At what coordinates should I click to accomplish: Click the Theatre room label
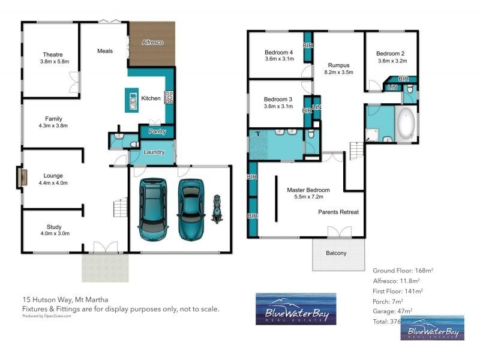click(x=53, y=55)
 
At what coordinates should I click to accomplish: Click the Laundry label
click(x=154, y=152)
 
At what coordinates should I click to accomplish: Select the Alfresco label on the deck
click(x=153, y=43)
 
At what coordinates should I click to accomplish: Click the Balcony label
click(x=336, y=253)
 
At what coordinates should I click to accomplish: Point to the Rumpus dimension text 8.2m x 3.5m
click(x=339, y=72)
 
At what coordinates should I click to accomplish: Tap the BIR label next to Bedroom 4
click(x=308, y=46)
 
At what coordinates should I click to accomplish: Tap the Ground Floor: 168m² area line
click(x=403, y=271)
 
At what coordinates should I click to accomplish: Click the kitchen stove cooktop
click(x=169, y=96)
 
